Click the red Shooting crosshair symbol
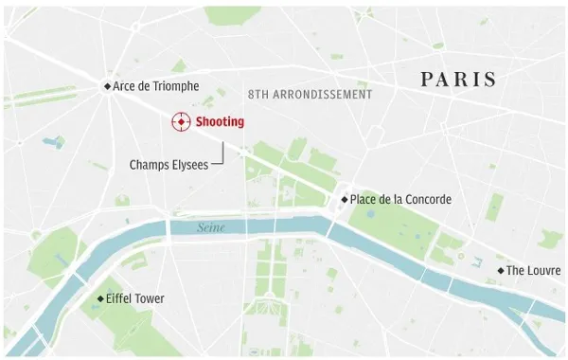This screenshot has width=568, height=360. click(x=179, y=122)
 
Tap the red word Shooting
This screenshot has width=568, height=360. click(x=220, y=122)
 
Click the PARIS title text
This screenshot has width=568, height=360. click(x=458, y=80)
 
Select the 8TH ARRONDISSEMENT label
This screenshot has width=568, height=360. click(x=310, y=95)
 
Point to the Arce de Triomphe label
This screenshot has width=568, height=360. click(x=156, y=86)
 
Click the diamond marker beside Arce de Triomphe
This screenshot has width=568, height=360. click(x=107, y=87)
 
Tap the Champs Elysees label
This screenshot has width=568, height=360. click(x=169, y=165)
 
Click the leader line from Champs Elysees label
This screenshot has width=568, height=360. click(x=222, y=157)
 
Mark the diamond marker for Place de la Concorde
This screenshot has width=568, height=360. click(x=345, y=200)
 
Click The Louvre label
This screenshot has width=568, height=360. click(x=534, y=271)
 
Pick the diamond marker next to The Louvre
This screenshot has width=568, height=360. click(x=501, y=271)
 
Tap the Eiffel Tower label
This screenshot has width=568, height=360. click(x=136, y=299)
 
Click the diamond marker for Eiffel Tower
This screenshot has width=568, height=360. click(x=100, y=299)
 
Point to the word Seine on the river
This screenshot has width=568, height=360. click(x=213, y=228)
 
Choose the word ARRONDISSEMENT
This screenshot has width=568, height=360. click(x=325, y=95)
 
